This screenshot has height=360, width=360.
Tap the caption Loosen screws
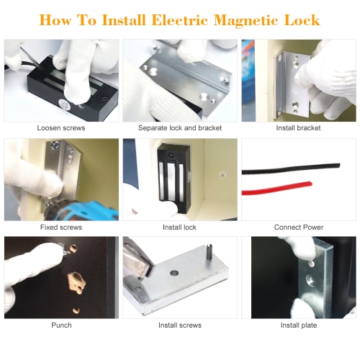click(61, 128)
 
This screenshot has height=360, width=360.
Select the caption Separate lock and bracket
click(180, 128)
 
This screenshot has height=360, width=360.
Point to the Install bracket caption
click(298, 128)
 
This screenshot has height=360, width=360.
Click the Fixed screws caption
click(61, 227)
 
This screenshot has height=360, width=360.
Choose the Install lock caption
click(179, 227)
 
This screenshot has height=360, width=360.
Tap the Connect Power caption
click(299, 227)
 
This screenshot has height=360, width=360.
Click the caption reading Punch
click(61, 325)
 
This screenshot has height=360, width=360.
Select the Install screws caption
click(180, 325)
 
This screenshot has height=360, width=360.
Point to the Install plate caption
click(299, 325)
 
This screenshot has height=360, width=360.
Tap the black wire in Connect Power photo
click(291, 168)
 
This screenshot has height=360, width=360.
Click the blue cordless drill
click(81, 210)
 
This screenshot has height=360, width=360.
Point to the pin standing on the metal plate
click(210, 253)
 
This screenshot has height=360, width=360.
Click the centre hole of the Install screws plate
click(174, 273)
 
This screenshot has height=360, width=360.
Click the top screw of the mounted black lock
click(171, 154)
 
